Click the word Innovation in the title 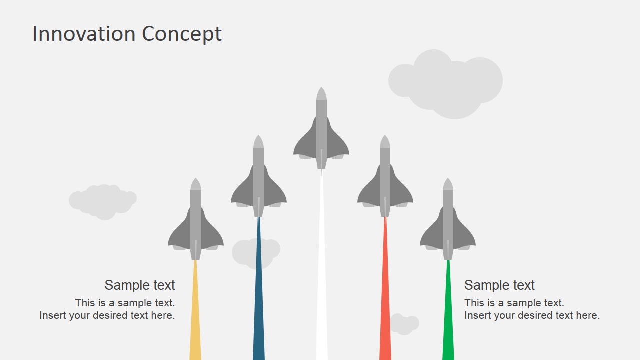tap(84, 34)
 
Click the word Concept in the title tap(182, 34)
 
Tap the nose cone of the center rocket tap(321, 93)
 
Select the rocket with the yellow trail tap(195, 219)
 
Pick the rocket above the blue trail tap(259, 176)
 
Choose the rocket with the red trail tap(385, 176)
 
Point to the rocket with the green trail tap(448, 219)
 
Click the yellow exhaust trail tap(195, 310)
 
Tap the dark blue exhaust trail tap(259, 288)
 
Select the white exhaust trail tap(321, 264)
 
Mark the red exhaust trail tap(385, 288)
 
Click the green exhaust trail tap(448, 310)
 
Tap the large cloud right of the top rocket tap(445, 84)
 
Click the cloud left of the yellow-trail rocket tap(103, 202)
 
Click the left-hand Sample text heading tap(139, 285)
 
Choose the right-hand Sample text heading tap(499, 285)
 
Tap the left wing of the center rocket tap(305, 143)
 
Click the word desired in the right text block tap(545, 315)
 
